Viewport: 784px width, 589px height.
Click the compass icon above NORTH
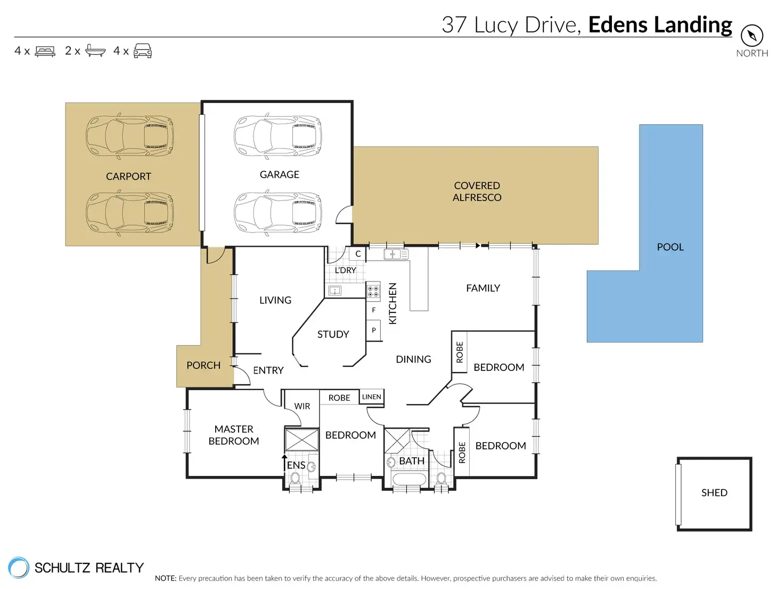click(x=752, y=35)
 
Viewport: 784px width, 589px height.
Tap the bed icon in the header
click(x=45, y=52)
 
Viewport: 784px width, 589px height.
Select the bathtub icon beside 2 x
click(x=95, y=51)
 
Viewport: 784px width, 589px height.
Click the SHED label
click(x=714, y=493)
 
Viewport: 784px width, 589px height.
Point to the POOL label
click(x=670, y=247)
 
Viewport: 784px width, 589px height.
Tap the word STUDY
click(x=333, y=334)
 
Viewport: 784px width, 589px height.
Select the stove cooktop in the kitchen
click(x=373, y=290)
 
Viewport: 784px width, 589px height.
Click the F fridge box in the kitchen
click(x=373, y=310)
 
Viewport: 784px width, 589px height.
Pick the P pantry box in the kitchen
click(x=373, y=330)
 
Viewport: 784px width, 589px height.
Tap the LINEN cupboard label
click(x=371, y=397)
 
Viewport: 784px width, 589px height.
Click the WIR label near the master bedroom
click(x=302, y=406)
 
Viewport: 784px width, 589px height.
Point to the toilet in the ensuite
click(x=295, y=478)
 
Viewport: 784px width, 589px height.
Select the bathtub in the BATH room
click(x=409, y=479)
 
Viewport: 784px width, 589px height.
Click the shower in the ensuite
click(x=301, y=440)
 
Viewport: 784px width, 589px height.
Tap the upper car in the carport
click(x=129, y=136)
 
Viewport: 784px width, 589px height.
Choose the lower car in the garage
click(x=278, y=213)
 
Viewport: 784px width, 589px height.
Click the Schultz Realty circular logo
click(x=19, y=568)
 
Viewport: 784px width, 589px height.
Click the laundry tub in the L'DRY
click(x=334, y=291)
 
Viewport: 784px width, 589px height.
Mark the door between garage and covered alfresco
click(x=344, y=214)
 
